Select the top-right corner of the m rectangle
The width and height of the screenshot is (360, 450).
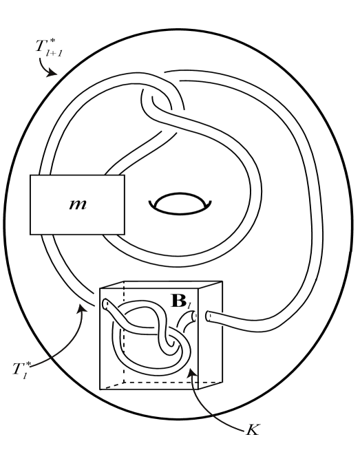pos(125,175)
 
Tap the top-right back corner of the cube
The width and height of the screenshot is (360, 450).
pos(222,281)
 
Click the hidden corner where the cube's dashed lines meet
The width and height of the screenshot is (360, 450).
pos(124,380)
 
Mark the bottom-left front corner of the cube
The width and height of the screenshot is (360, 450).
pos(100,389)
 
